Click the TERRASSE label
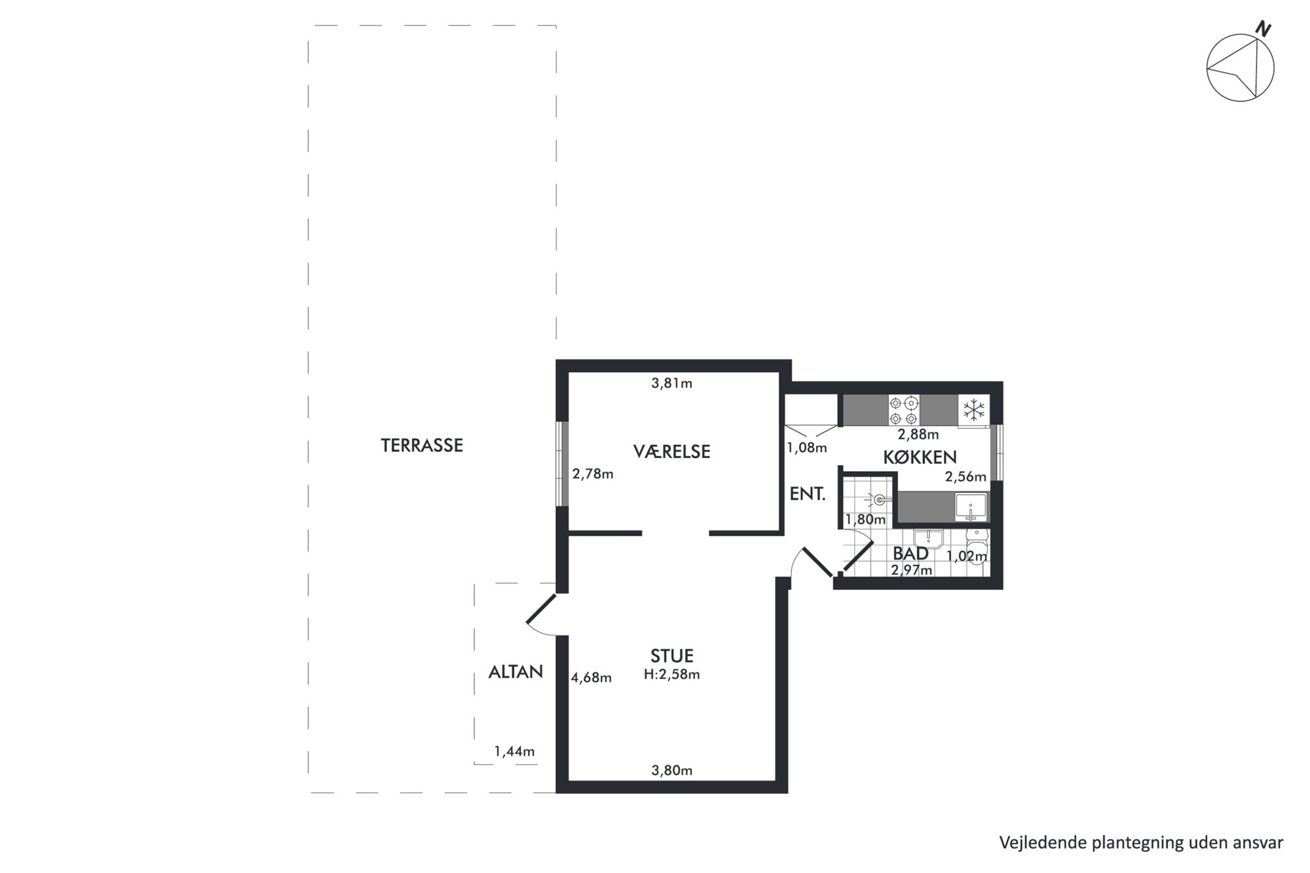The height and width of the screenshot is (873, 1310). [x=422, y=445]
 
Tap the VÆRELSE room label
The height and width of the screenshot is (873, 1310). [x=672, y=451]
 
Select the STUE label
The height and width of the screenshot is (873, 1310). [x=672, y=655]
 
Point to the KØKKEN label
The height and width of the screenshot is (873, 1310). [x=920, y=457]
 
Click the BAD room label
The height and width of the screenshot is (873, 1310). [x=911, y=553]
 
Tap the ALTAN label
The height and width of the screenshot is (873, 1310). [x=516, y=672]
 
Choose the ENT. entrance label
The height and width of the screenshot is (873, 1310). [x=808, y=494]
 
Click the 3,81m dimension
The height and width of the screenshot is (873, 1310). [x=672, y=383]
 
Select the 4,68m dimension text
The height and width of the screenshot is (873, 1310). [x=591, y=678]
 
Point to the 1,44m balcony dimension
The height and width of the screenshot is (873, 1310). [x=514, y=752]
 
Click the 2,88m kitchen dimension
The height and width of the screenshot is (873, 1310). [x=918, y=435]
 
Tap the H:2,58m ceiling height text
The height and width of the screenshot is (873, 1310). [x=672, y=674]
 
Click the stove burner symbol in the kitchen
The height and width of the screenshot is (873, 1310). [x=904, y=410]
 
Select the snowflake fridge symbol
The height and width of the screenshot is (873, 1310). [x=974, y=410]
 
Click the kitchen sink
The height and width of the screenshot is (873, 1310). [x=971, y=507]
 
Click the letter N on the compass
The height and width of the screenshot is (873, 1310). [x=1262, y=29]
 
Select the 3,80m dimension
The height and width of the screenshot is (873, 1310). [x=672, y=770]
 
